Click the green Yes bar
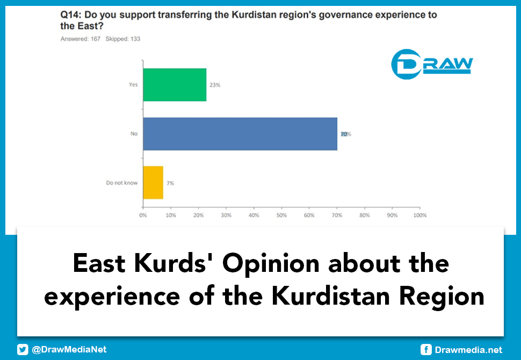(x=175, y=85)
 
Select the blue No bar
(x=240, y=134)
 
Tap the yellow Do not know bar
(x=153, y=183)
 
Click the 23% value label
(x=215, y=85)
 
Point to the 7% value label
(x=170, y=183)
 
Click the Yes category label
(x=133, y=85)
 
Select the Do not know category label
(x=122, y=183)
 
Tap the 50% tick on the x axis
(x=281, y=215)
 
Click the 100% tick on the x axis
(x=419, y=215)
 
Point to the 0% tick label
(x=143, y=215)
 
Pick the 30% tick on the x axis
(x=226, y=215)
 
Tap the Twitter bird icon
(x=23, y=350)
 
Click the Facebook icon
(x=426, y=350)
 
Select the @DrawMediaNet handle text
(x=69, y=350)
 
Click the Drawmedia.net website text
(x=468, y=350)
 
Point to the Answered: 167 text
(x=81, y=39)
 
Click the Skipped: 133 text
(x=123, y=39)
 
